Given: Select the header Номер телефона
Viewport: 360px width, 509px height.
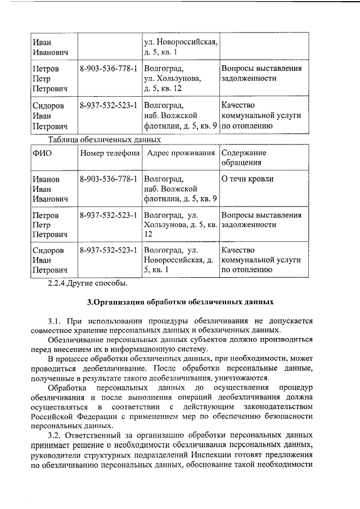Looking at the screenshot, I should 110,153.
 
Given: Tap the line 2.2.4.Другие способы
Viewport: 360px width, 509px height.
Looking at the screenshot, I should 87,282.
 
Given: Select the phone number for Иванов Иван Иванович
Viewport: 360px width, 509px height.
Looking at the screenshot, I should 109,179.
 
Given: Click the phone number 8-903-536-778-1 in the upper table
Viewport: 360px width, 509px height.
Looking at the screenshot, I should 109,69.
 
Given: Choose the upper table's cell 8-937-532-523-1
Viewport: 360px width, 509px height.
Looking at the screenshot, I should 109,105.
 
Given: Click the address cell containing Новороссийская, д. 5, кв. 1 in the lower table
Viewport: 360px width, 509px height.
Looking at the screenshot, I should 179,260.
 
